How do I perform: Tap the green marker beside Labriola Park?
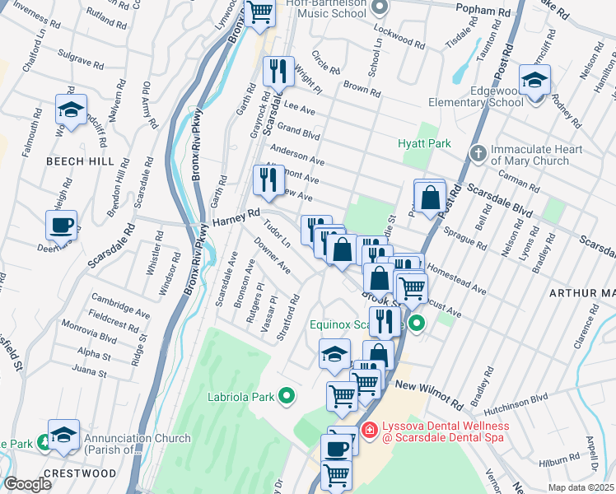(x=287, y=397)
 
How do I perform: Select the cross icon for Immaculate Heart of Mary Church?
(x=477, y=154)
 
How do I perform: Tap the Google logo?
(x=27, y=484)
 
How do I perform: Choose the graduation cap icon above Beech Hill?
(x=72, y=109)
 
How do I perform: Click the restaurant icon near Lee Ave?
(x=278, y=70)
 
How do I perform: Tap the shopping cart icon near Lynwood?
(x=260, y=12)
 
